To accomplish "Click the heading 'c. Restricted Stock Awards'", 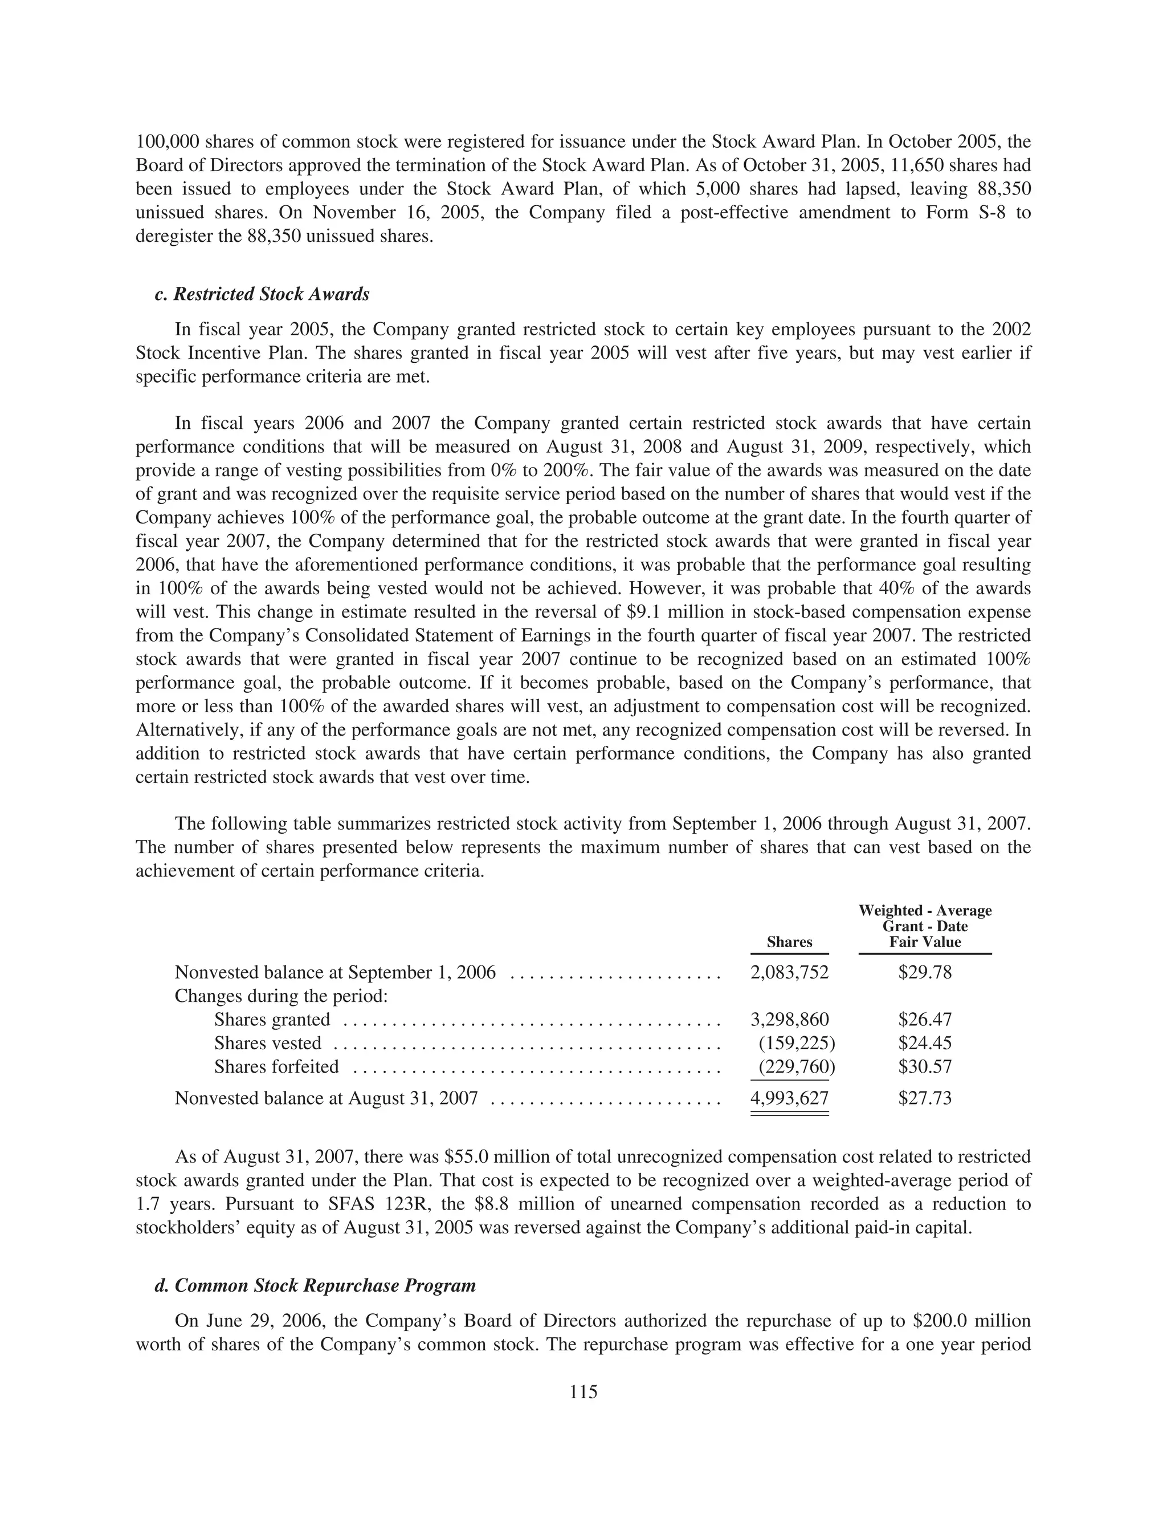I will [x=262, y=295].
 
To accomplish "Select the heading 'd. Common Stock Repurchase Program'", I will [x=315, y=1286].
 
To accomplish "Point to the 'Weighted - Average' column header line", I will [x=925, y=911].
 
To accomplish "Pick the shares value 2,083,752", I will [x=790, y=972].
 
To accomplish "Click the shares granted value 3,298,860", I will [x=790, y=1020].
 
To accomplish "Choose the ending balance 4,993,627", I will [x=790, y=1098].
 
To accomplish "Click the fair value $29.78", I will [x=925, y=972].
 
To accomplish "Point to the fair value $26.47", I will [x=925, y=1020].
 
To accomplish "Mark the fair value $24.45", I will [x=925, y=1043].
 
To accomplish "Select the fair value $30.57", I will [x=925, y=1067].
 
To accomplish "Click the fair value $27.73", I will [x=925, y=1098].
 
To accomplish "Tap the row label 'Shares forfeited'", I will [x=276, y=1067].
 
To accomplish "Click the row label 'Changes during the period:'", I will [x=280, y=996].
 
